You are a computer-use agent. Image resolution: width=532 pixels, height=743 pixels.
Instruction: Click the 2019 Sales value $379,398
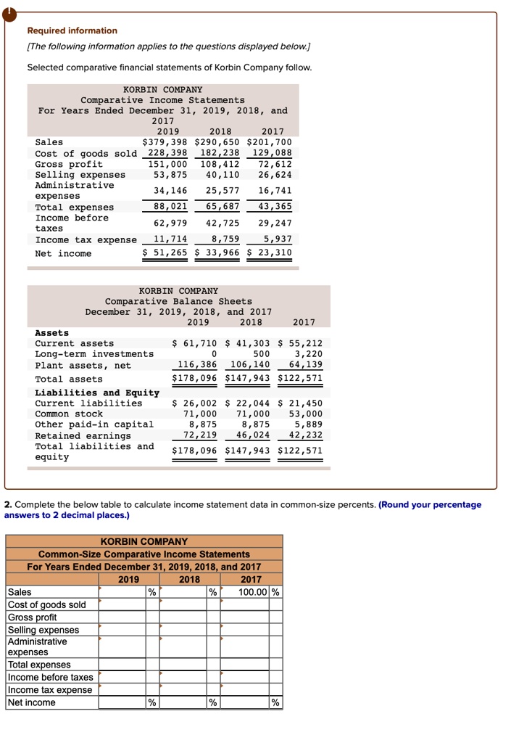click(x=165, y=142)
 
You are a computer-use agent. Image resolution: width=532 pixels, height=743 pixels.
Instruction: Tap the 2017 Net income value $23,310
click(x=269, y=253)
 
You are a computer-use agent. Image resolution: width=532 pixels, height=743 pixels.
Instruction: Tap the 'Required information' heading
click(x=72, y=30)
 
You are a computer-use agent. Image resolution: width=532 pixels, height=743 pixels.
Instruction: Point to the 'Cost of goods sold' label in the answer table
click(x=46, y=605)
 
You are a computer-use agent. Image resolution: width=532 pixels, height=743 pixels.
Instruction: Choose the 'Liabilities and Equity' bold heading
click(x=97, y=393)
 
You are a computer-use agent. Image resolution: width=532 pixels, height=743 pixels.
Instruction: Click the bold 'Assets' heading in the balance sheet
click(x=52, y=332)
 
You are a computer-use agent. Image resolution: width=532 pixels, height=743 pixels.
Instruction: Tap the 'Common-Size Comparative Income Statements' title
click(x=144, y=554)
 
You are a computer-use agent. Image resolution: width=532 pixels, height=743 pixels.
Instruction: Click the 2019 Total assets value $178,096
click(x=196, y=379)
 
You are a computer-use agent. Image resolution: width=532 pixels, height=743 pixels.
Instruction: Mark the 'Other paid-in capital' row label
click(x=94, y=424)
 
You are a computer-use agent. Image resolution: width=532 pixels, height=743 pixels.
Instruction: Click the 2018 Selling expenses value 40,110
click(x=223, y=175)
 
